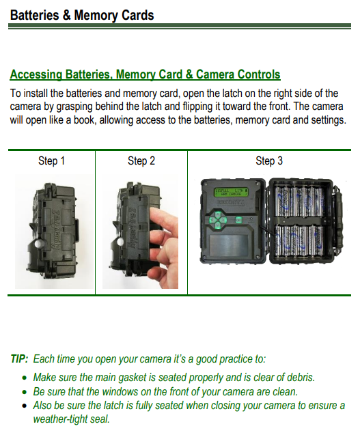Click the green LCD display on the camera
click(x=231, y=193)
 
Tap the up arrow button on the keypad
click(x=218, y=214)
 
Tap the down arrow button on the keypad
click(x=218, y=226)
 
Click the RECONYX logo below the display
click(x=231, y=203)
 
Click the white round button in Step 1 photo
click(x=39, y=244)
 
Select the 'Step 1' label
click(x=51, y=161)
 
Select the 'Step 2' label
click(x=141, y=161)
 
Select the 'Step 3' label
click(x=269, y=161)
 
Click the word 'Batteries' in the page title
click(x=34, y=15)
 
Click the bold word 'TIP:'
click(x=19, y=359)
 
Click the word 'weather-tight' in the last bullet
click(x=60, y=419)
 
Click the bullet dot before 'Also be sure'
click(x=25, y=406)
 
